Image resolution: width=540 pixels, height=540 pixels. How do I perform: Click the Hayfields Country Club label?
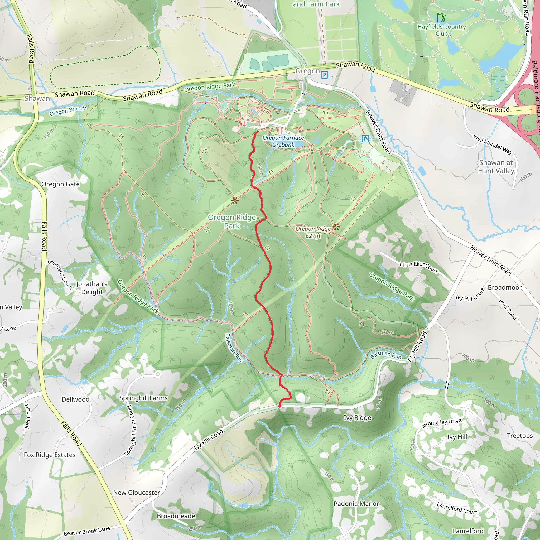coord(442,30)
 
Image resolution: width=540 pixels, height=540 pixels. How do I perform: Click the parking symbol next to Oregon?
coord(324,75)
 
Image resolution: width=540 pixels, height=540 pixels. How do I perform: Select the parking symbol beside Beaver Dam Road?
coord(365,138)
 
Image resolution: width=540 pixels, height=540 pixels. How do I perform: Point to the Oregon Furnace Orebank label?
coord(283,141)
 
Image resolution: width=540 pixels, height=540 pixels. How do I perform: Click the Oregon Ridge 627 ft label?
coord(313,232)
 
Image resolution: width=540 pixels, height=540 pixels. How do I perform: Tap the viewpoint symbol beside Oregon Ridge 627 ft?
coord(336,226)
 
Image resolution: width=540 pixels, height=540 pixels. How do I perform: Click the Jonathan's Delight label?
coord(92,288)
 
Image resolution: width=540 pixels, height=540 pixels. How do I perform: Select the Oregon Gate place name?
coord(61,184)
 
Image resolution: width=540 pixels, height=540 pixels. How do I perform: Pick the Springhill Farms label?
coord(144,398)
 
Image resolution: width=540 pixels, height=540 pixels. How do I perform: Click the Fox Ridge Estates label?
coord(50,455)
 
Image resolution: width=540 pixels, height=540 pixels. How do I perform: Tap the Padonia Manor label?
coord(356,503)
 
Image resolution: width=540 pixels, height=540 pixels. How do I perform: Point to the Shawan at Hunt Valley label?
coord(496,167)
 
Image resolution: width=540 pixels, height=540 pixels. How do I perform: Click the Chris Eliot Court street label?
coord(419,267)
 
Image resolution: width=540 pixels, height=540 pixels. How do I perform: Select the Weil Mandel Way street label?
coord(493,144)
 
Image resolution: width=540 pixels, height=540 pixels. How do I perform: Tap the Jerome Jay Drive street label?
coord(441,423)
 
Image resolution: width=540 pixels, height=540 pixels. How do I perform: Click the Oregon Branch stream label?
coord(68,111)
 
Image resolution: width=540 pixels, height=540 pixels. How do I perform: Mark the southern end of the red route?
coord(280,406)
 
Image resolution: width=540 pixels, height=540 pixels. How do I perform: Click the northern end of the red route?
coord(257,132)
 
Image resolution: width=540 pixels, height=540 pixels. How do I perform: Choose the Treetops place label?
coord(520,436)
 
